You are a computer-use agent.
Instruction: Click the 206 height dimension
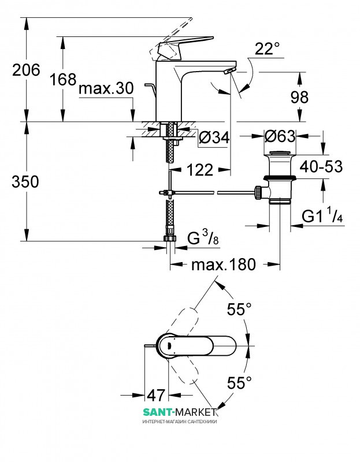tap(26, 70)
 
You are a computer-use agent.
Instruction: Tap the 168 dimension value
tap(63, 79)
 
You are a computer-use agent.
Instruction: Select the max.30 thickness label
tap(106, 88)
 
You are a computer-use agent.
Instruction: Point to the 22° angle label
tap(267, 49)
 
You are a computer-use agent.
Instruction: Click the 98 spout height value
tap(299, 97)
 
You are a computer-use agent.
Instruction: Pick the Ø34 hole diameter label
tap(214, 137)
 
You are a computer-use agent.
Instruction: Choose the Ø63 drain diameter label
tap(280, 136)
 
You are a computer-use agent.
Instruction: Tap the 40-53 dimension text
tap(321, 167)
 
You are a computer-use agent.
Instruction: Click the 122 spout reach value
tap(200, 170)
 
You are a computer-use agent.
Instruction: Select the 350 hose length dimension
tap(25, 181)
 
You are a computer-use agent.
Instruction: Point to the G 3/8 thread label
tap(203, 237)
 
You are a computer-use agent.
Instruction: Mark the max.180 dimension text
tap(224, 264)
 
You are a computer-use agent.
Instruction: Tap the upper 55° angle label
tap(239, 309)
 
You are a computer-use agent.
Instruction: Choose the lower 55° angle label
tap(239, 383)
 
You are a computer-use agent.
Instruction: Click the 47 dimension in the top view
tap(156, 395)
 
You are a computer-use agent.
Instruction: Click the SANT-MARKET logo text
tap(180, 411)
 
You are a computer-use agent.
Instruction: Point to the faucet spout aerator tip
tap(229, 70)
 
